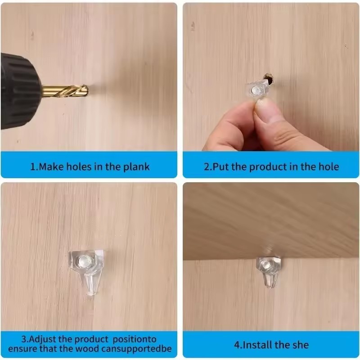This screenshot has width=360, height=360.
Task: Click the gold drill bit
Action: [65, 91]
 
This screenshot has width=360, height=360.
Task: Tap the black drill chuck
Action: [20, 91]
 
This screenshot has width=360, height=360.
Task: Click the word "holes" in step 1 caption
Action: [79, 166]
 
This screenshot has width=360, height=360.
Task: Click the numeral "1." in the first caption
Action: [34, 166]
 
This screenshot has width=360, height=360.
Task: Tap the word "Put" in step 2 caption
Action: [221, 166]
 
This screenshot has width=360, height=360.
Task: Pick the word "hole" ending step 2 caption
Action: [328, 166]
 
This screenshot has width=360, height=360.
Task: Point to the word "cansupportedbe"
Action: [136, 349]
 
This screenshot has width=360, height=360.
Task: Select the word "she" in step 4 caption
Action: [300, 345]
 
